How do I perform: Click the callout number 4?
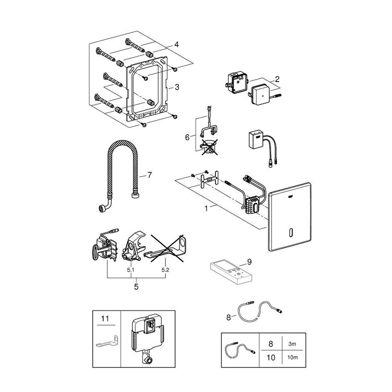coord(176,45)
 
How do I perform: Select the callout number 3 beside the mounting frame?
coord(177,87)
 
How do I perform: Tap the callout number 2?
coord(277,79)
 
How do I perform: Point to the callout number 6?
coord(187,137)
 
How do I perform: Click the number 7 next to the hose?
coord(149,175)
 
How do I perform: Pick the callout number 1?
coord(206,208)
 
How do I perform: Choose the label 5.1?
coord(131,270)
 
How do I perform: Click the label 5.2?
coord(165,270)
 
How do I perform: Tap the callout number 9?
coord(249,262)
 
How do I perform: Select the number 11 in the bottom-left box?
coord(105,319)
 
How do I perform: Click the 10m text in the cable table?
coord(292,358)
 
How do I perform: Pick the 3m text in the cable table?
coord(292,344)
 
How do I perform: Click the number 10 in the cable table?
coord(271,358)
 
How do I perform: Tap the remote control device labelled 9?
coord(231,272)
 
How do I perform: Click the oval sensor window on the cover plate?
coord(290,232)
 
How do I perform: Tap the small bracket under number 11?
coord(107,342)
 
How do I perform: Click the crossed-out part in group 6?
coord(209,147)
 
